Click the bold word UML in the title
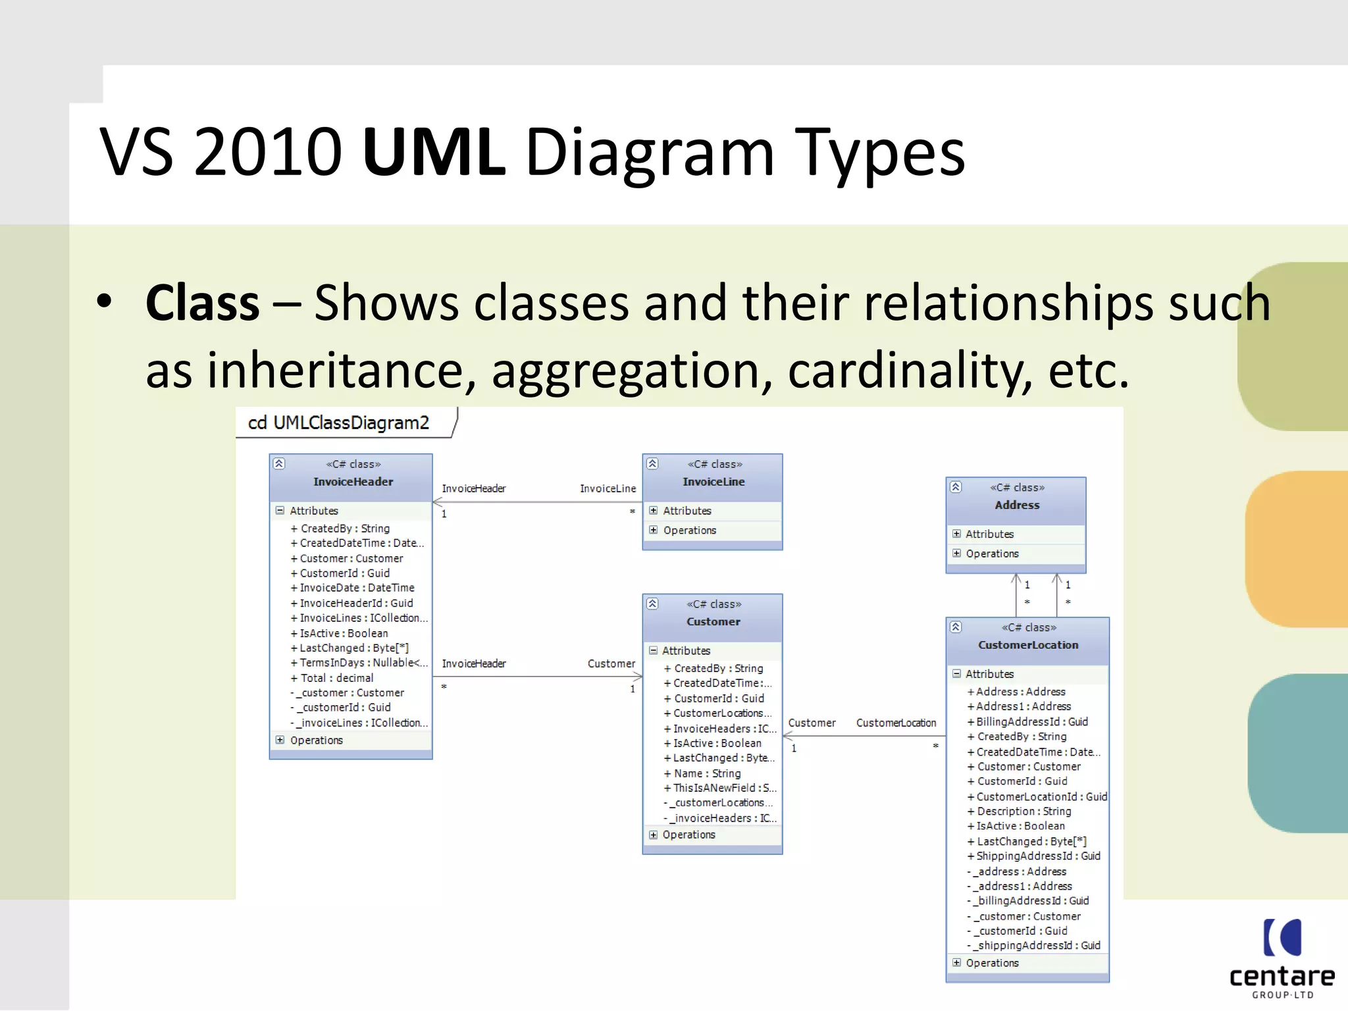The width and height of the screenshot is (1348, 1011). click(x=434, y=152)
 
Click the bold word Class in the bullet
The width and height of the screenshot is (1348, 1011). click(x=203, y=303)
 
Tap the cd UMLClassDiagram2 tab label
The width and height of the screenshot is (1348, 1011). click(x=338, y=423)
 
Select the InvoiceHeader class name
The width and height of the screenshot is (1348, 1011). click(x=353, y=482)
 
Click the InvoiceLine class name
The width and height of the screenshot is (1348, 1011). click(x=713, y=482)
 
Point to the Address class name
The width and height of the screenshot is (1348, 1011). click(x=1017, y=505)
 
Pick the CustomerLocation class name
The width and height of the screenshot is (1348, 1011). click(x=1028, y=645)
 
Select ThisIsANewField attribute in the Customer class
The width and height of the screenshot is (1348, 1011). click(x=720, y=788)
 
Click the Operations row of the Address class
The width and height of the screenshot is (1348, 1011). click(x=992, y=554)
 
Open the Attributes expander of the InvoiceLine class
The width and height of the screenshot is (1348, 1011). click(x=654, y=511)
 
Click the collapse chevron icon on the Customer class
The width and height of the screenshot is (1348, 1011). click(x=652, y=604)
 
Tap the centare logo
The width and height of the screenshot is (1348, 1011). click(x=1282, y=958)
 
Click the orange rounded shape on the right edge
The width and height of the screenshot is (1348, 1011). click(x=1297, y=550)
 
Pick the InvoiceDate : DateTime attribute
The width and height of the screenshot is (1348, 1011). click(x=357, y=588)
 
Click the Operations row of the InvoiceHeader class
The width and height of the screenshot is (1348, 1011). click(x=316, y=740)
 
